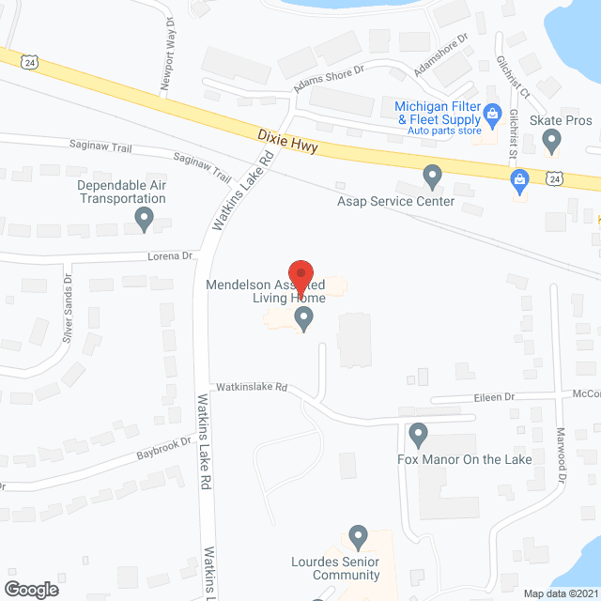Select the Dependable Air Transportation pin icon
click(x=144, y=220)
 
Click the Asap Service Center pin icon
click(x=432, y=175)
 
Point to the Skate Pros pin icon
click(x=552, y=141)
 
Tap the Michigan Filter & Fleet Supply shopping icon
click(x=491, y=116)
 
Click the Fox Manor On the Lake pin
click(x=419, y=435)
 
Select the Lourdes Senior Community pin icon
click(x=358, y=536)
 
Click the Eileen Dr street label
click(x=497, y=397)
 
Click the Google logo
click(x=30, y=589)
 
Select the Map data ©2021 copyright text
click(x=560, y=593)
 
